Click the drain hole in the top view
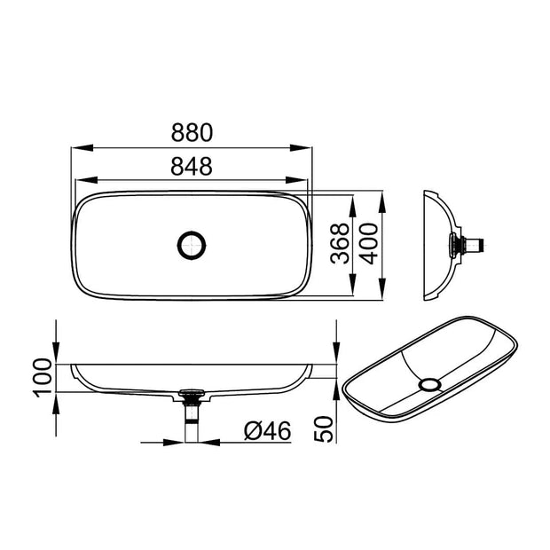[191, 244]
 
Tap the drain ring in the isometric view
[430, 384]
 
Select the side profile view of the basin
[444, 242]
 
